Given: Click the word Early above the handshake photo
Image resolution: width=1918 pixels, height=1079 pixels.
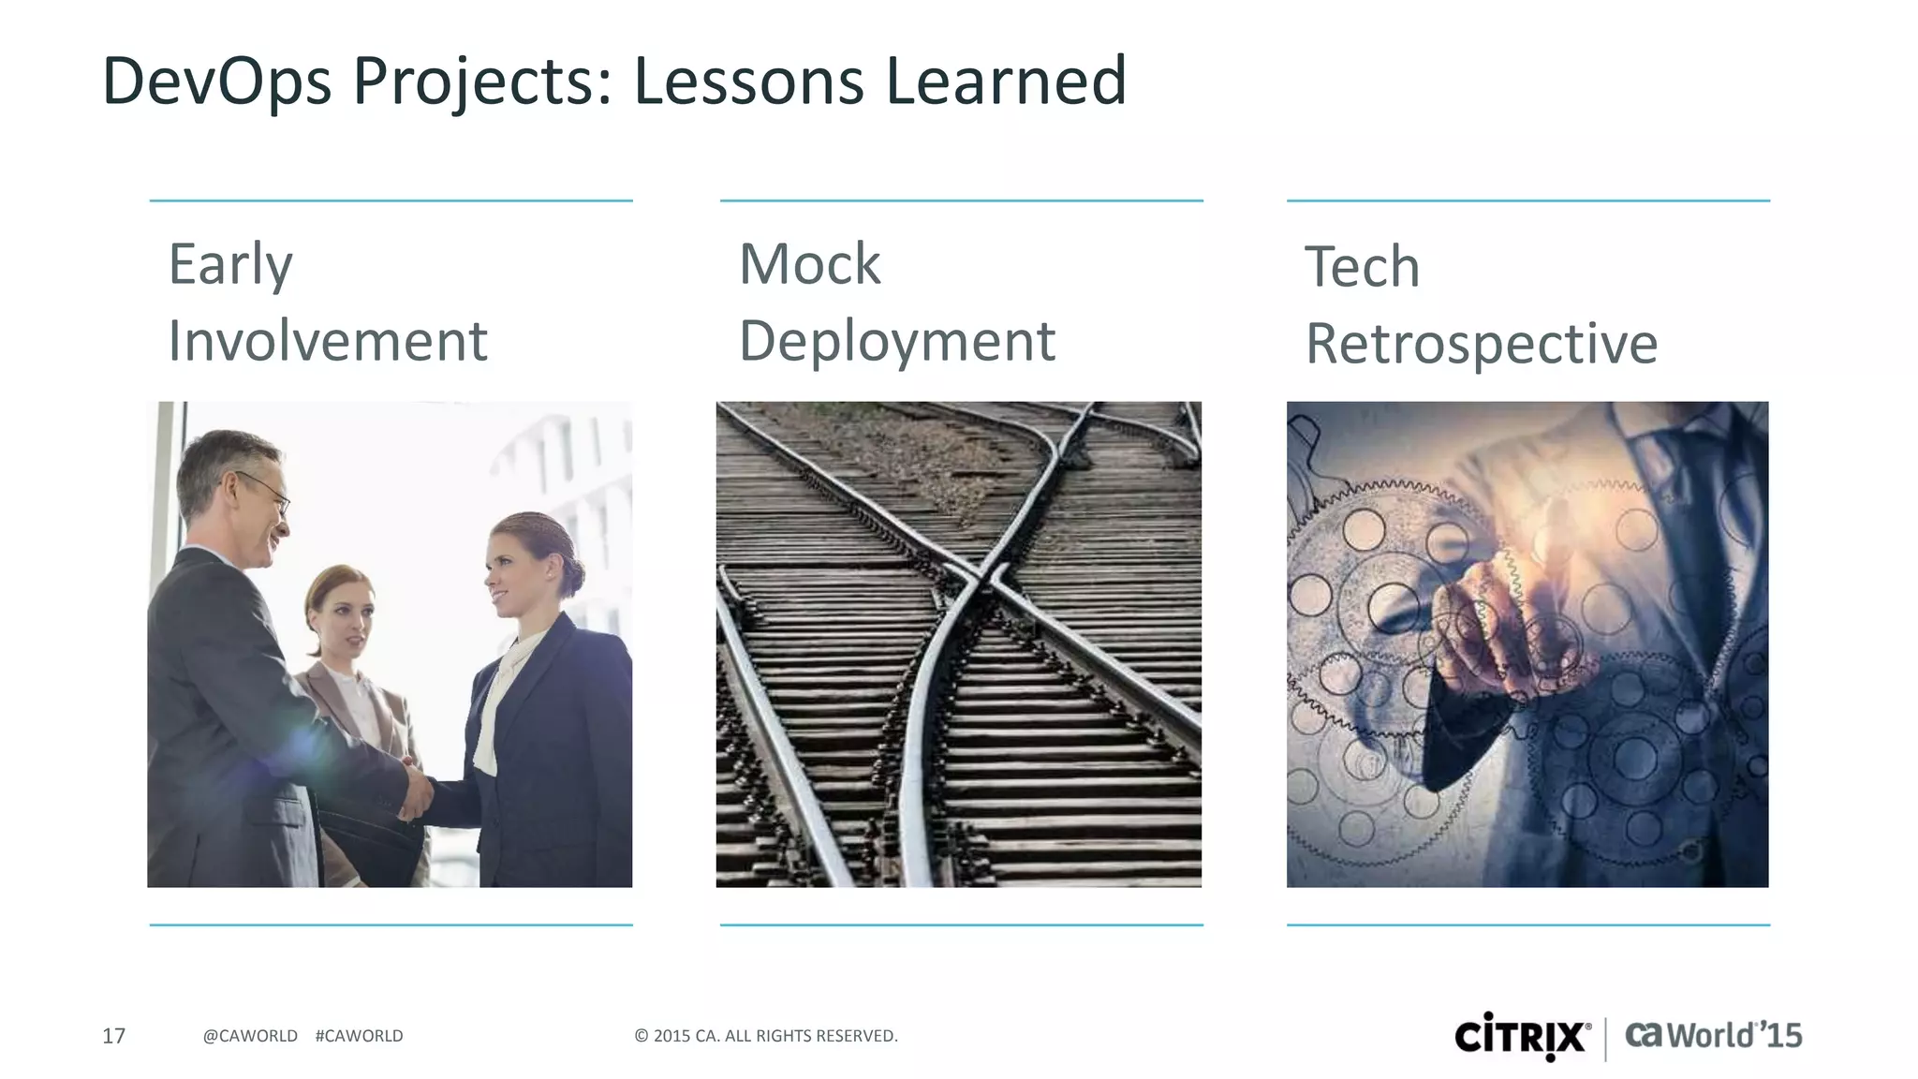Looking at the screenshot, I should point(230,265).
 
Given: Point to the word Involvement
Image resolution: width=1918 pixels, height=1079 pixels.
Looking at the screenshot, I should point(328,340).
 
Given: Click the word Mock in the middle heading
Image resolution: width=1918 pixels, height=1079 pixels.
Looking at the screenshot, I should point(810,264).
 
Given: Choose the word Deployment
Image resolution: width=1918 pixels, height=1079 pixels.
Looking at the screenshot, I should point(897,341).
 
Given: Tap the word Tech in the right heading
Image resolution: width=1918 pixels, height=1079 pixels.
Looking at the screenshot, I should point(1363,267).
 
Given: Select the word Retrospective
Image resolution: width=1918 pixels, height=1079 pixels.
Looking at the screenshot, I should point(1482,344).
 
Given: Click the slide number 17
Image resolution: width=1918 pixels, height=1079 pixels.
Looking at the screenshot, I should point(113,1036).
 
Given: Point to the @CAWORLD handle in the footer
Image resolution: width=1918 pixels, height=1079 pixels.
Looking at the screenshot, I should point(250,1036).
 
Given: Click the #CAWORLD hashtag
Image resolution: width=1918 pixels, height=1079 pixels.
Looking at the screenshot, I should point(360,1036).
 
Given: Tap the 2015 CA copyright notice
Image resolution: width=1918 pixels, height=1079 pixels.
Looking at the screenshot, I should point(766,1036).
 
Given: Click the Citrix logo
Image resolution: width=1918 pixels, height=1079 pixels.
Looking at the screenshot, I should point(1523,1037).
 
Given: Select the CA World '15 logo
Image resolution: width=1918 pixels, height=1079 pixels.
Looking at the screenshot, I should point(1713,1036).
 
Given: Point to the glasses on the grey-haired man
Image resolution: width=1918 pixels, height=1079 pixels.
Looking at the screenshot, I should point(267,489).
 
